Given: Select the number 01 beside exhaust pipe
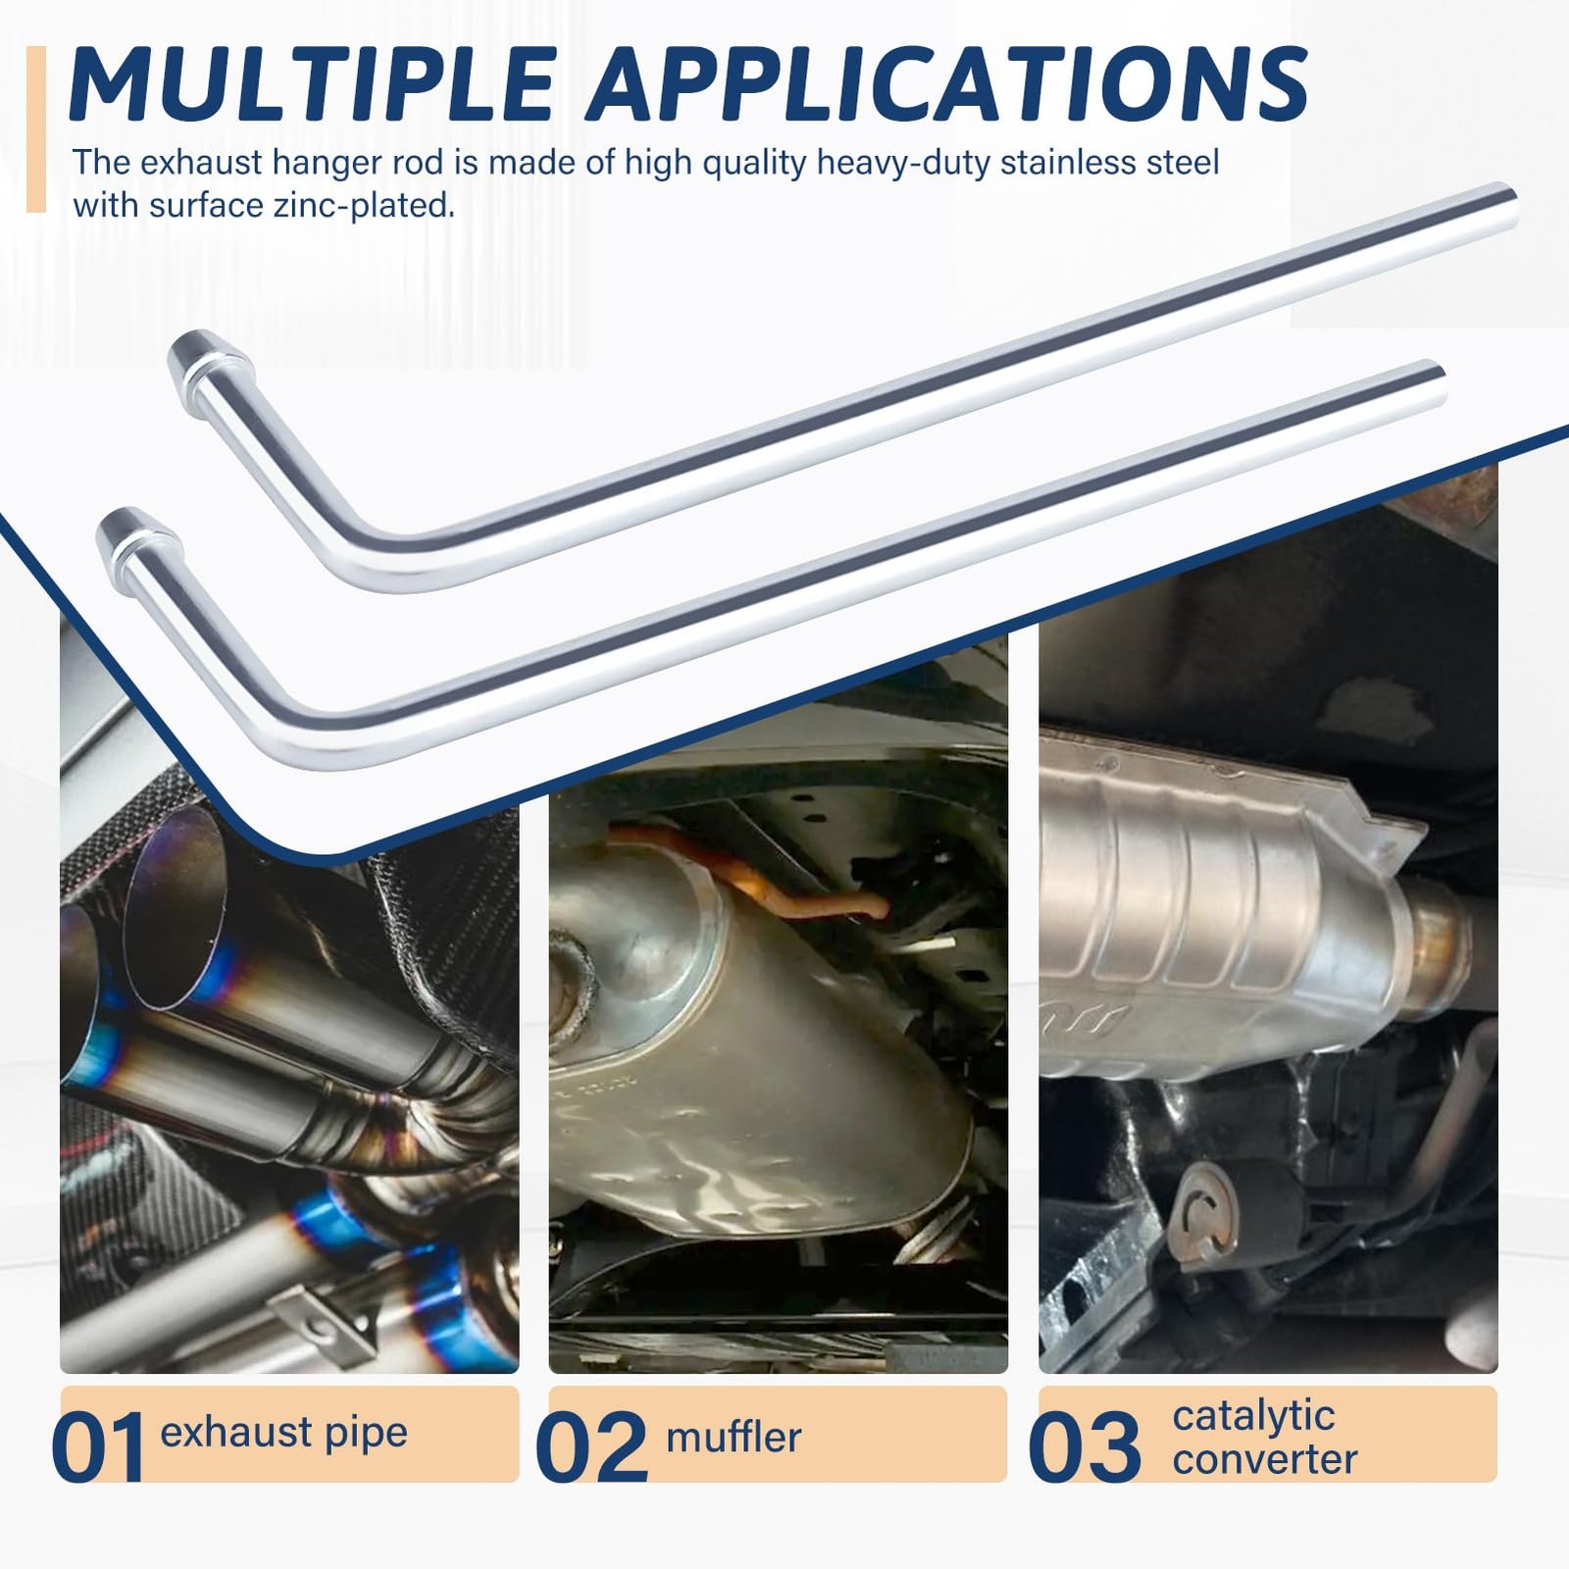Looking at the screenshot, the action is (98, 1446).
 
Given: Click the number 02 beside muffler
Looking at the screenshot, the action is (592, 1446).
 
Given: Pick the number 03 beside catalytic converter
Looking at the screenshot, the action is (1086, 1446).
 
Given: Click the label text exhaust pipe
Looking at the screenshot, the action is (283, 1434).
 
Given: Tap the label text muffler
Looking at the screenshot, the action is (734, 1438).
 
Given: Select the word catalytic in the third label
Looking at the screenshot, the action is (1253, 1416).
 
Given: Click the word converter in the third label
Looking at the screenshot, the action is (1265, 1460).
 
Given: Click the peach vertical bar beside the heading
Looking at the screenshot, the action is (36, 128).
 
